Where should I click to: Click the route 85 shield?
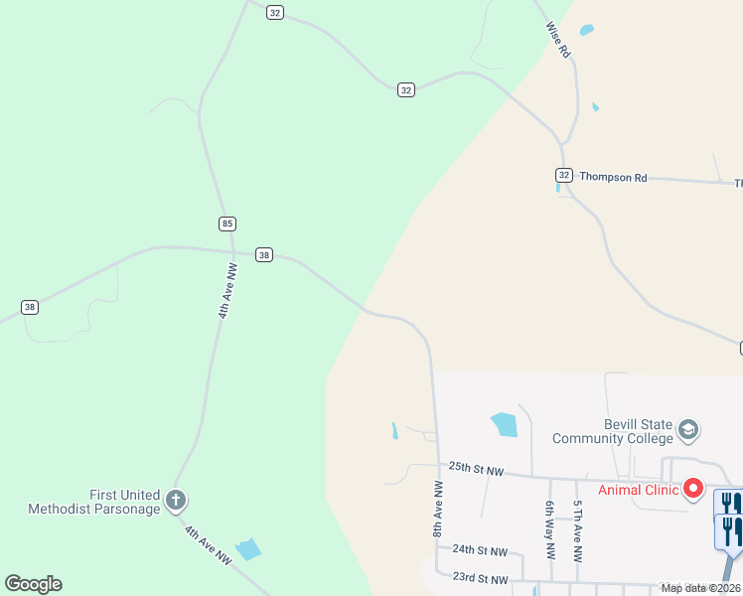(x=228, y=223)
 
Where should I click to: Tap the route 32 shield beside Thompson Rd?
(x=563, y=175)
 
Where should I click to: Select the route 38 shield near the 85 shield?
(x=263, y=254)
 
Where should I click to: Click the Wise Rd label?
(x=558, y=41)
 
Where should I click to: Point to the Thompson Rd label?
(x=613, y=177)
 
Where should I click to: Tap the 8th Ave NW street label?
(x=437, y=510)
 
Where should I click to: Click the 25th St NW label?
(x=477, y=467)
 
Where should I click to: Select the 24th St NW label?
(x=479, y=549)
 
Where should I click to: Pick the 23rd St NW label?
(x=480, y=579)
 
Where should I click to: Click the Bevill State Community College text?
(x=612, y=431)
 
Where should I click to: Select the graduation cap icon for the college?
(x=687, y=431)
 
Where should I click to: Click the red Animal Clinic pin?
(x=692, y=489)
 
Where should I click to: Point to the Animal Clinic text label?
(x=637, y=489)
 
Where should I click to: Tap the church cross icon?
(x=176, y=500)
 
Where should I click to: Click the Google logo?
(x=33, y=583)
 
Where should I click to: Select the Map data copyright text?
(x=700, y=588)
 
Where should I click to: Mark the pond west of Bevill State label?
(x=505, y=424)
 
